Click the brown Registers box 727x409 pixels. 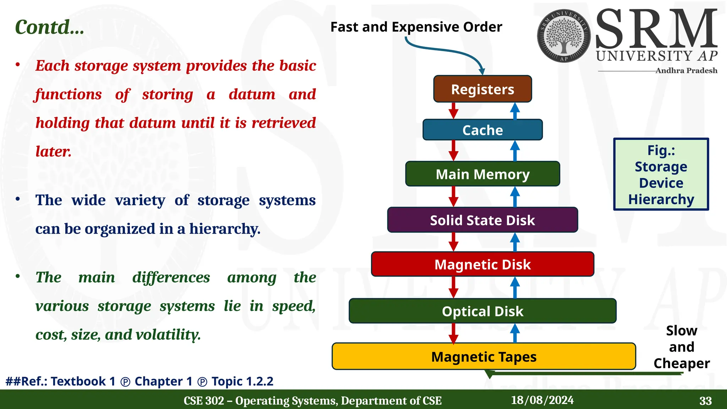482,89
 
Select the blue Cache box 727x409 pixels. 482,130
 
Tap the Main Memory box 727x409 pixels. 482,174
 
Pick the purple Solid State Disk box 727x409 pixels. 482,220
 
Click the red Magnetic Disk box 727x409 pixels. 482,264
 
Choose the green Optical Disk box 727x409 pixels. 482,311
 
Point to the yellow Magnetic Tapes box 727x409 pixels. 483,356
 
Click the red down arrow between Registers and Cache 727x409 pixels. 453,110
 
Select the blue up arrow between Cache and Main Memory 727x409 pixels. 515,151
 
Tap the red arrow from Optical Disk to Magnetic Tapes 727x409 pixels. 453,333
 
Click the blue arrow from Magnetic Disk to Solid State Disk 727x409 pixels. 515,242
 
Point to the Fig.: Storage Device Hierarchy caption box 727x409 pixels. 661,174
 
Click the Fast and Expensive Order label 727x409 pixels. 416,27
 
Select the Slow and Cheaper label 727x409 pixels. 682,347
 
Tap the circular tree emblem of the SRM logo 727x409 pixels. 564,36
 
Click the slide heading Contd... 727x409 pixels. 50,27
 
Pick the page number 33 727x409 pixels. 705,401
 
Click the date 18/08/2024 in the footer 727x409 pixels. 542,400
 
